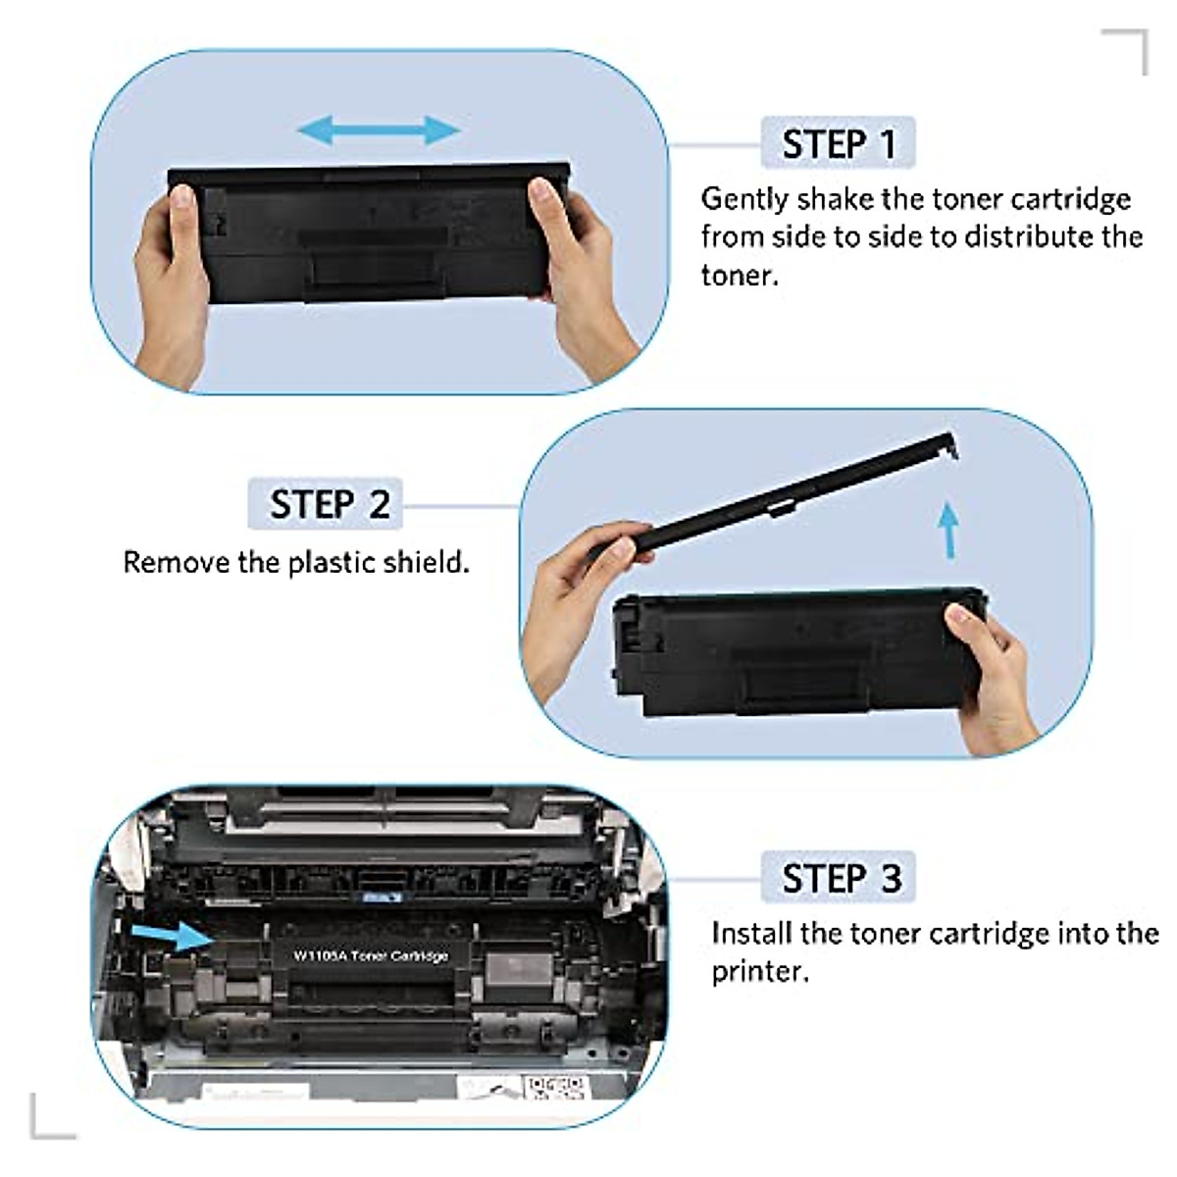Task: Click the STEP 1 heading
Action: [839, 144]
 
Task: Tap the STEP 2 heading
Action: [330, 504]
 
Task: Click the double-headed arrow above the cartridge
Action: [379, 129]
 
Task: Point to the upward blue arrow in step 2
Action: [947, 530]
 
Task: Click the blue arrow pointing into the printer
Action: [174, 935]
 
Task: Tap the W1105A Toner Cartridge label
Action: [371, 954]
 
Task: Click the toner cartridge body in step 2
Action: [785, 647]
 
